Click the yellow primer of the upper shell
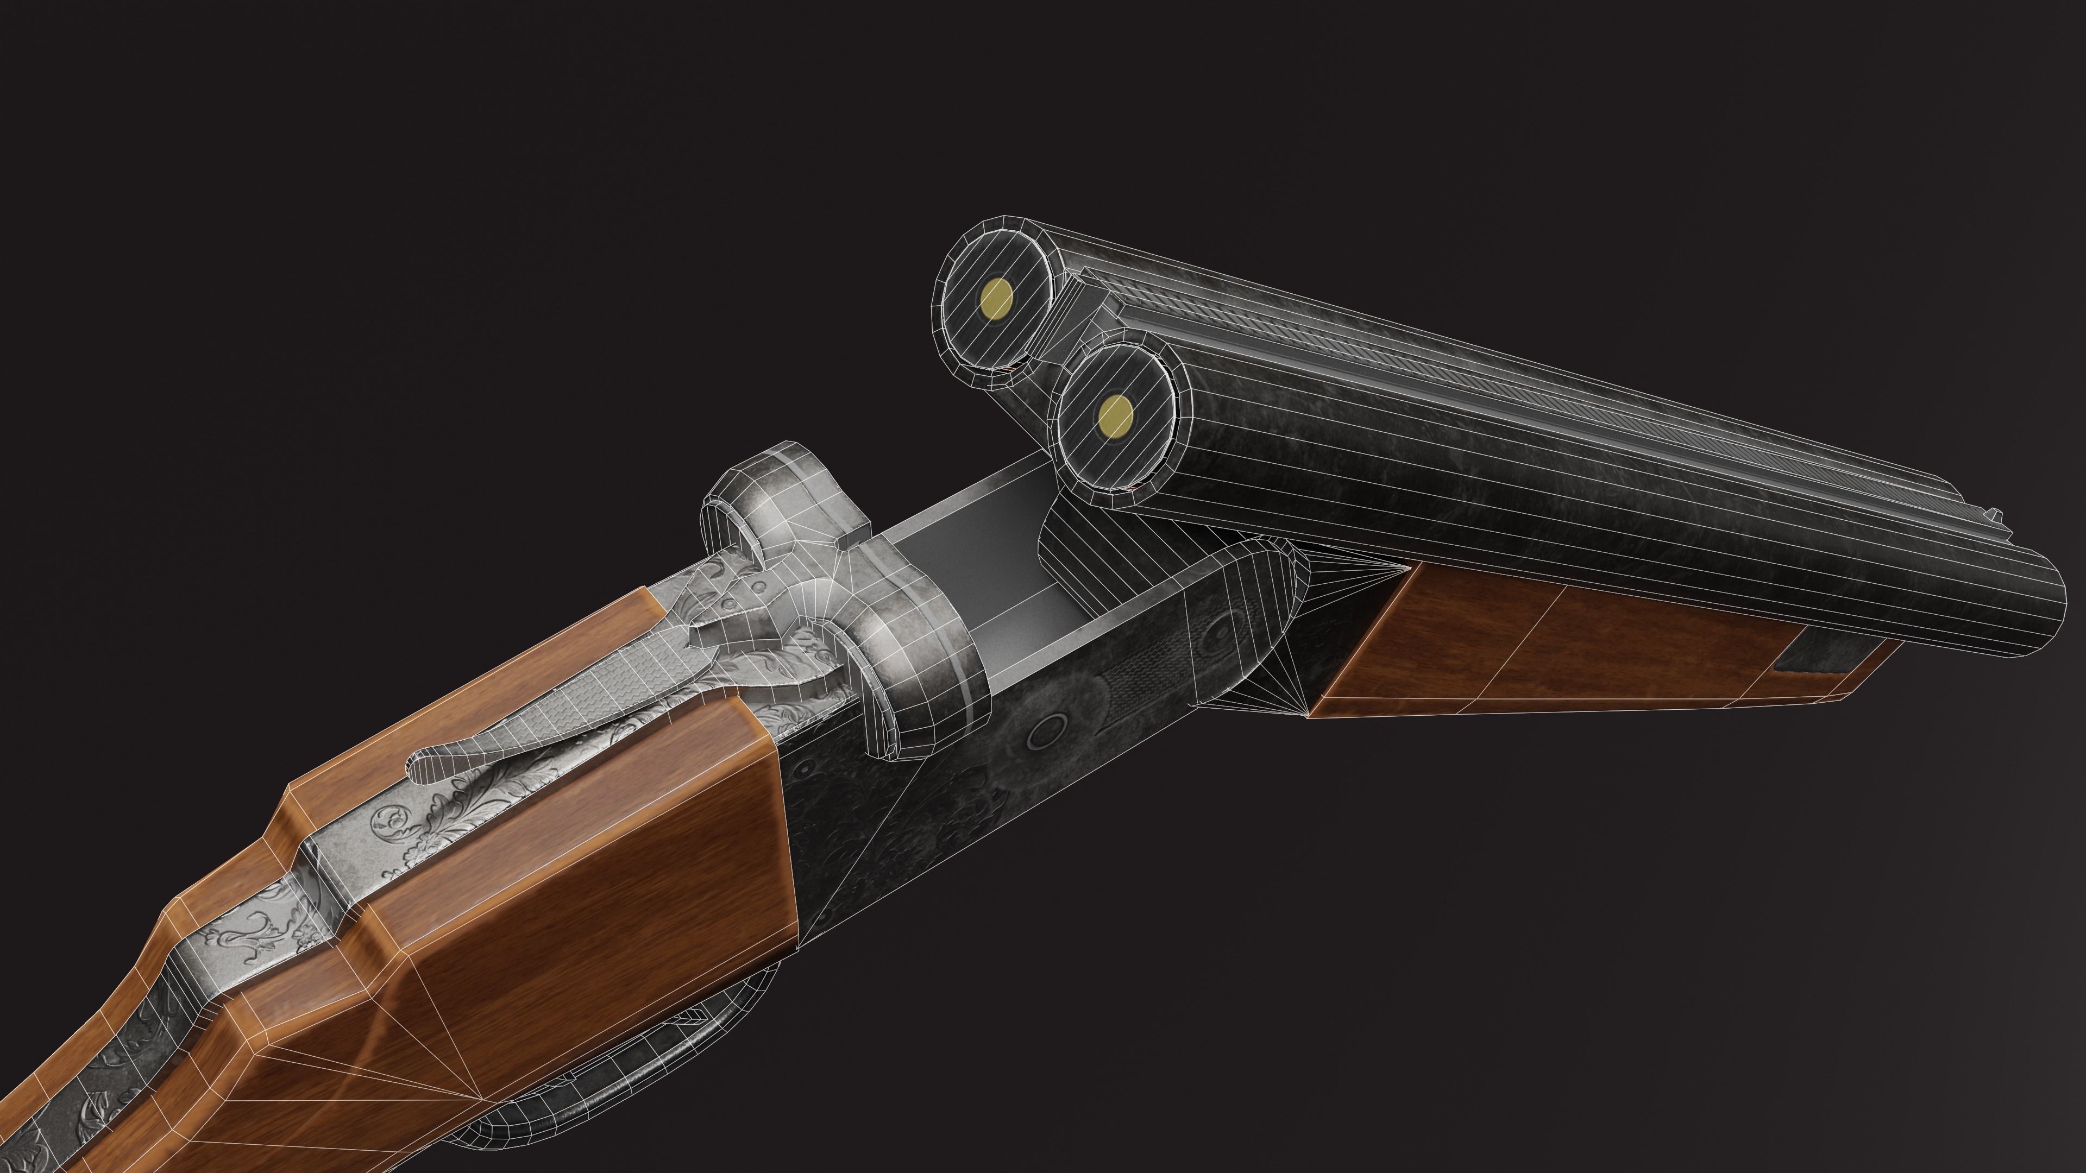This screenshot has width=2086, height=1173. tap(996, 298)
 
